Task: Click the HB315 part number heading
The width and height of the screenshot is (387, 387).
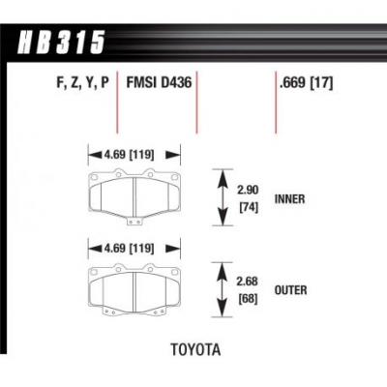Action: (x=61, y=43)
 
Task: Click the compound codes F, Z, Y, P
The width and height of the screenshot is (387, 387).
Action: (x=83, y=83)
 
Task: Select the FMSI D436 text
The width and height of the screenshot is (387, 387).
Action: (x=159, y=82)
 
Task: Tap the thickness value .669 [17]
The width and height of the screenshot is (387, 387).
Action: (x=307, y=83)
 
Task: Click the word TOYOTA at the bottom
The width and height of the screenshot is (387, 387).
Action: (x=195, y=349)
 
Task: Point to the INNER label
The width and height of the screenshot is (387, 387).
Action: (x=289, y=199)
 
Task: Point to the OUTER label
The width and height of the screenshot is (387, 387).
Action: (x=290, y=290)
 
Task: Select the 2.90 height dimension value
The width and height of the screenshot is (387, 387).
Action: (x=248, y=190)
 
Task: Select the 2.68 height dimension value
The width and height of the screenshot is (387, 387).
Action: (x=248, y=282)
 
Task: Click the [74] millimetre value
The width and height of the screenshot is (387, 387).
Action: (x=249, y=208)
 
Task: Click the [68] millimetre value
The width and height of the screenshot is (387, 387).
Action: (x=248, y=299)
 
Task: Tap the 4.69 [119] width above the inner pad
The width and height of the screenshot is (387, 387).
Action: (x=129, y=155)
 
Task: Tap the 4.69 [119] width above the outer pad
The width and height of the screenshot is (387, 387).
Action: (x=129, y=249)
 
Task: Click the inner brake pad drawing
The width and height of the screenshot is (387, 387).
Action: (x=134, y=196)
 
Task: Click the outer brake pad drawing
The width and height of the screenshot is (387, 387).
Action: (x=134, y=289)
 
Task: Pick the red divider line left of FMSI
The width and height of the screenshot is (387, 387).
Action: (x=117, y=102)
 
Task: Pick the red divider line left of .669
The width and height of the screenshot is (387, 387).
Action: (x=276, y=102)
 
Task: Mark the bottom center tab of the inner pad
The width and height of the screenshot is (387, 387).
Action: (x=134, y=222)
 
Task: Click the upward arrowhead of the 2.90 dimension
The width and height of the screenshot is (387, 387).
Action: (x=222, y=177)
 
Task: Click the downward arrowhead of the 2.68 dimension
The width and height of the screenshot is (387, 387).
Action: (x=222, y=309)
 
